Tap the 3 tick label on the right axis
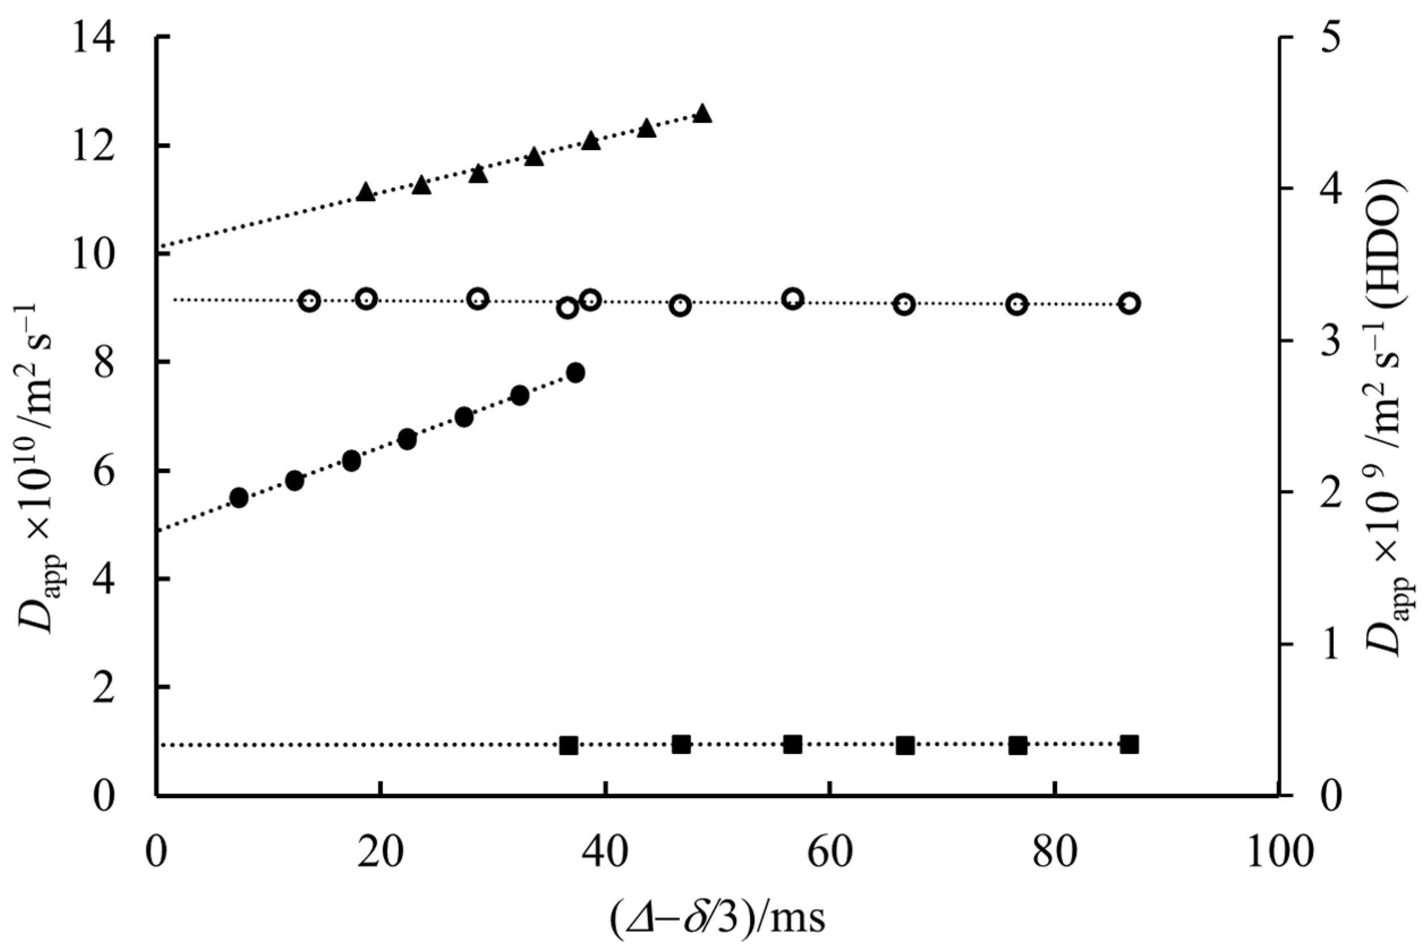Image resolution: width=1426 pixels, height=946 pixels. tap(1331, 341)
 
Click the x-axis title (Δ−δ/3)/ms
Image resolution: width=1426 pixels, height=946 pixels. tap(717, 918)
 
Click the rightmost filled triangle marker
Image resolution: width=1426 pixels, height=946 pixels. tap(702, 113)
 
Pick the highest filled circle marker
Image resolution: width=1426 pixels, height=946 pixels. tap(576, 373)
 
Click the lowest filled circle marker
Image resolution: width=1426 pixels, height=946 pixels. tap(239, 498)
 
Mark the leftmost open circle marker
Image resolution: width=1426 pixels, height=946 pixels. tap(310, 301)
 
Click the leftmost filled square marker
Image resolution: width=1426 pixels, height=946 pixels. tap(568, 745)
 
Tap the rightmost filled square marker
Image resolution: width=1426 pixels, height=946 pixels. tap(1129, 744)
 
